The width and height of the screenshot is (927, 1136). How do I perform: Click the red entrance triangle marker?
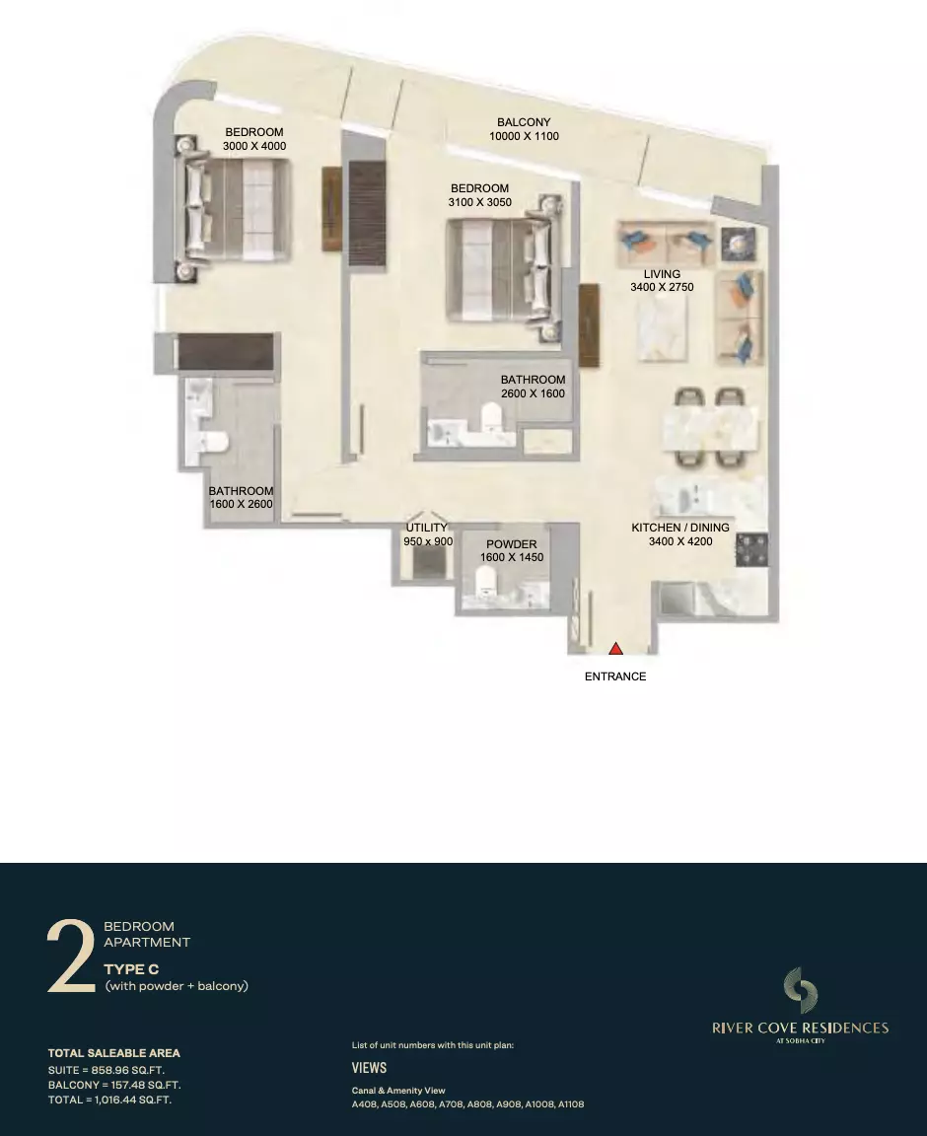pyautogui.click(x=615, y=649)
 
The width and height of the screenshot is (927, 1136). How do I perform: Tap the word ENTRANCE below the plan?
pyautogui.click(x=615, y=675)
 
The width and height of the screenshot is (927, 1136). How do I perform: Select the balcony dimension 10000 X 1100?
pyautogui.click(x=524, y=136)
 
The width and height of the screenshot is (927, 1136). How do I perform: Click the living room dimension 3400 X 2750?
pyautogui.click(x=662, y=287)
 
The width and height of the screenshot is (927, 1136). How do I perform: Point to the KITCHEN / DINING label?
pyautogui.click(x=680, y=528)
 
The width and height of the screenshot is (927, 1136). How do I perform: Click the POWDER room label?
pyautogui.click(x=512, y=544)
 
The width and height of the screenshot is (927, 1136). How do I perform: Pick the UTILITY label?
pyautogui.click(x=426, y=528)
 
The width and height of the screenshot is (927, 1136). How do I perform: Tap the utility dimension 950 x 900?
pyautogui.click(x=428, y=541)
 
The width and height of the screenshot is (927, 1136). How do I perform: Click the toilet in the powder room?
pyautogui.click(x=485, y=580)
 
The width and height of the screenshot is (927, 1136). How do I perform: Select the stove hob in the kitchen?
pyautogui.click(x=751, y=550)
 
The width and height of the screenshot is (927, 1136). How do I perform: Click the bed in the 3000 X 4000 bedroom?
pyautogui.click(x=231, y=209)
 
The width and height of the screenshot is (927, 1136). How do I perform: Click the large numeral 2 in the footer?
pyautogui.click(x=70, y=956)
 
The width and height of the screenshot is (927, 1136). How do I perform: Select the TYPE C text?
pyautogui.click(x=131, y=969)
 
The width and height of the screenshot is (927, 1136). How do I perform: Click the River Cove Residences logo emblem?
pyautogui.click(x=800, y=990)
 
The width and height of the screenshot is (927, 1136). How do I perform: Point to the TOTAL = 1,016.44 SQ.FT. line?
pyautogui.click(x=109, y=1100)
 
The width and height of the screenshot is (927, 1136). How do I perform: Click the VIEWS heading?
pyautogui.click(x=369, y=1068)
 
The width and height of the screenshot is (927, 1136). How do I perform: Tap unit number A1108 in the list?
pyautogui.click(x=571, y=1104)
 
